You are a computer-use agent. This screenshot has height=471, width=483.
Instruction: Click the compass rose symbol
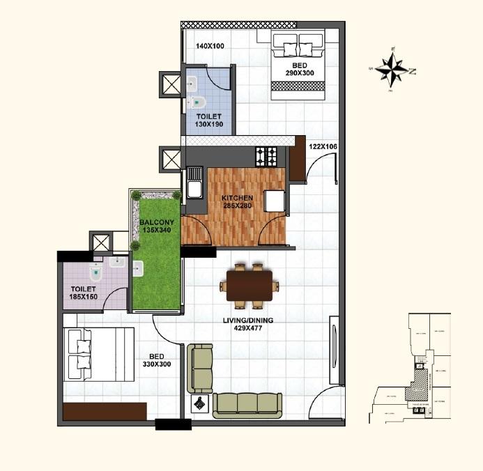click(394, 70)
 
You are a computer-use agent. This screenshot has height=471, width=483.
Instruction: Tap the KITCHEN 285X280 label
click(238, 202)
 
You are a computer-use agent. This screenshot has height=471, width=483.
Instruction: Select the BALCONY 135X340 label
click(156, 226)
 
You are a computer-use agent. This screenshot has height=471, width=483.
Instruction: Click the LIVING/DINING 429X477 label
click(249, 325)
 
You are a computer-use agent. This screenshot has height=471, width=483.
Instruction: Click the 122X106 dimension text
click(323, 147)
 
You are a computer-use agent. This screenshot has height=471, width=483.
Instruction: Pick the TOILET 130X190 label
click(208, 121)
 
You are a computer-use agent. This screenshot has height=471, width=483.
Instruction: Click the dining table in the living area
click(249, 285)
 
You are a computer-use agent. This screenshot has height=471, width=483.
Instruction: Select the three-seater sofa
click(247, 403)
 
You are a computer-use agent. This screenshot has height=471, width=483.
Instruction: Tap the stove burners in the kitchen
click(267, 157)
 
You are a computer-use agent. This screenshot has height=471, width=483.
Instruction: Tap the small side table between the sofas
click(200, 403)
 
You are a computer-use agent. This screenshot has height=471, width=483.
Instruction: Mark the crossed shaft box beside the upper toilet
click(170, 85)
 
